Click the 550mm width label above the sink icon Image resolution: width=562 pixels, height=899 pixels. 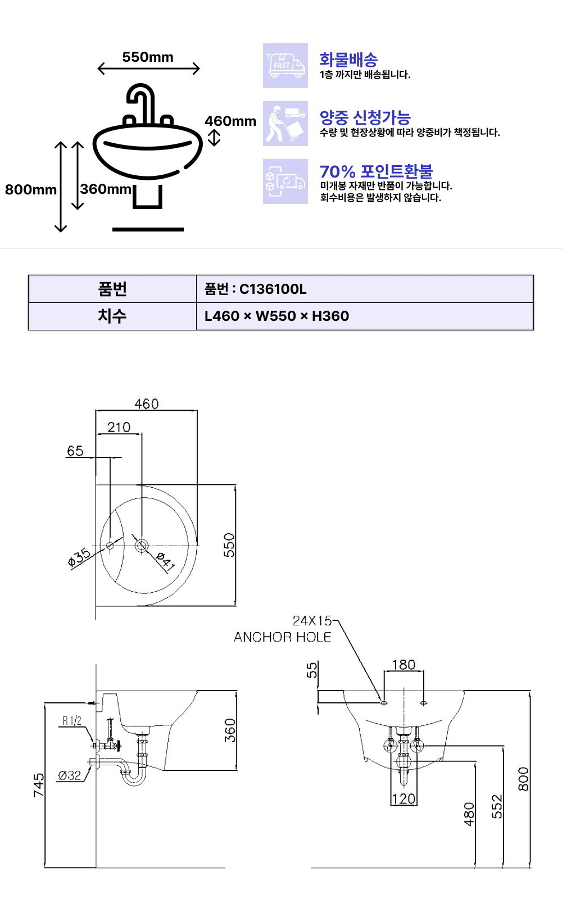pos(148,57)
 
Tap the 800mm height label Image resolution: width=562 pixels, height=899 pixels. pos(31,189)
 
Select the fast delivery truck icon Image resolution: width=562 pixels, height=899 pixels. pos(285,65)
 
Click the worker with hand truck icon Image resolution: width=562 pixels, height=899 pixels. pos(285,123)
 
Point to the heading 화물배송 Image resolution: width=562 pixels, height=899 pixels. pos(348,60)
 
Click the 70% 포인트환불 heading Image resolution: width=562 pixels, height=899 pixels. pos(376,171)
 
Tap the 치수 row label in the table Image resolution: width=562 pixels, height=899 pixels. pos(112,316)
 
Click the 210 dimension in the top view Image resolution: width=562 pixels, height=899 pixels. pos(119,427)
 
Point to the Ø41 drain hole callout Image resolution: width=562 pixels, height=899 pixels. pos(165,561)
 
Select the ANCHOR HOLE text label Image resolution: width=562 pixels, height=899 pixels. pos(283,637)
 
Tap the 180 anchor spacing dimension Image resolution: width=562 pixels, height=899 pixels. pos(404,665)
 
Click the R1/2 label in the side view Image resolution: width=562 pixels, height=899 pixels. pos(72,721)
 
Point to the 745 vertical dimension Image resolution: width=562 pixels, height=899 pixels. pos(39,786)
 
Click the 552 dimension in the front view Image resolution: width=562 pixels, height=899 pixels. pos(497,807)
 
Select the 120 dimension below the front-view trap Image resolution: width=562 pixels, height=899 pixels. pos(404,798)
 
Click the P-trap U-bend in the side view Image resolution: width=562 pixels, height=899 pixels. pos(133,777)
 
